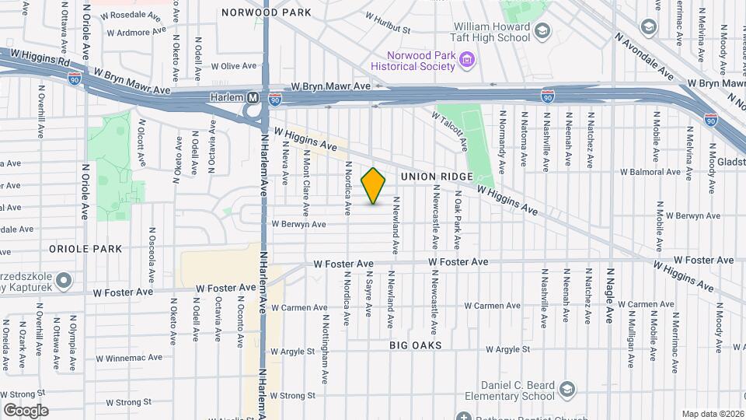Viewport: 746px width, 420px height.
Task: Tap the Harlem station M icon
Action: tap(253, 98)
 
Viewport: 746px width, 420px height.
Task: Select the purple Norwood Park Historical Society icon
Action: tap(466, 59)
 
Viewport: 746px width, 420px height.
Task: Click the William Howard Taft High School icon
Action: tap(542, 31)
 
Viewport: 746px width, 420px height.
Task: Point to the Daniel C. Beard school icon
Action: tap(569, 388)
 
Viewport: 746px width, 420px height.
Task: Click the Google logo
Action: tap(26, 410)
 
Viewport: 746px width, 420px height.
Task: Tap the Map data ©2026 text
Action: tap(712, 414)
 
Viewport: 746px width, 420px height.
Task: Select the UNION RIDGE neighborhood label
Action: tap(437, 177)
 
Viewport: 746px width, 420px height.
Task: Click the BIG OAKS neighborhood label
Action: tap(416, 345)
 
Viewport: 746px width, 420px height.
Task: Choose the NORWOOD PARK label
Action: tap(267, 12)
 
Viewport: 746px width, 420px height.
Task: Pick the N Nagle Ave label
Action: tap(610, 296)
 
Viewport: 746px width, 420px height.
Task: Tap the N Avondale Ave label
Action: tap(644, 57)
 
